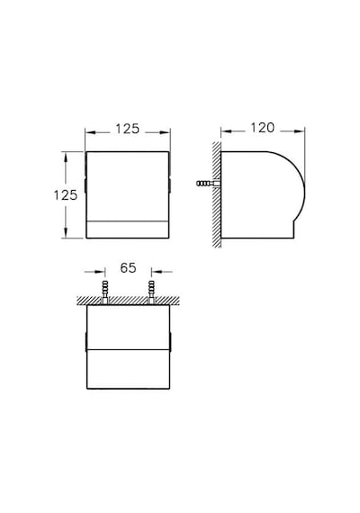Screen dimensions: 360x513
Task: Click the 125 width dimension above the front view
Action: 127,129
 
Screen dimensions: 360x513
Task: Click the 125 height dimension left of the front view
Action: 66,195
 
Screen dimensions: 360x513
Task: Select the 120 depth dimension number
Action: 263,128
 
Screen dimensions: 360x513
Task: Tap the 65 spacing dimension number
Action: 128,267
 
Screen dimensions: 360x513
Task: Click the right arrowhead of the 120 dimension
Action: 300,131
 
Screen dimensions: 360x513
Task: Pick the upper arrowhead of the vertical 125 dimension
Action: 66,157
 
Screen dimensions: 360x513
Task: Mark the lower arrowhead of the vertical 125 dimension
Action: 66,232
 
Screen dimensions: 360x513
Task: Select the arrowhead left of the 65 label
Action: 100,272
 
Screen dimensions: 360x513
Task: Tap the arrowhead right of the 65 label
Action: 157,272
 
